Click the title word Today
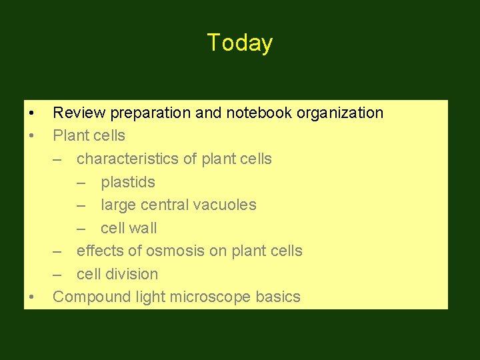(239, 43)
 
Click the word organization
(340, 113)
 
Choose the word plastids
(128, 182)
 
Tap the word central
(169, 205)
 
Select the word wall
(143, 228)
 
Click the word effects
(101, 251)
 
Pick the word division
(135, 274)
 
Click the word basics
(278, 297)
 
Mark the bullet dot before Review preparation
(31, 113)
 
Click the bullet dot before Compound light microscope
(31, 297)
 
